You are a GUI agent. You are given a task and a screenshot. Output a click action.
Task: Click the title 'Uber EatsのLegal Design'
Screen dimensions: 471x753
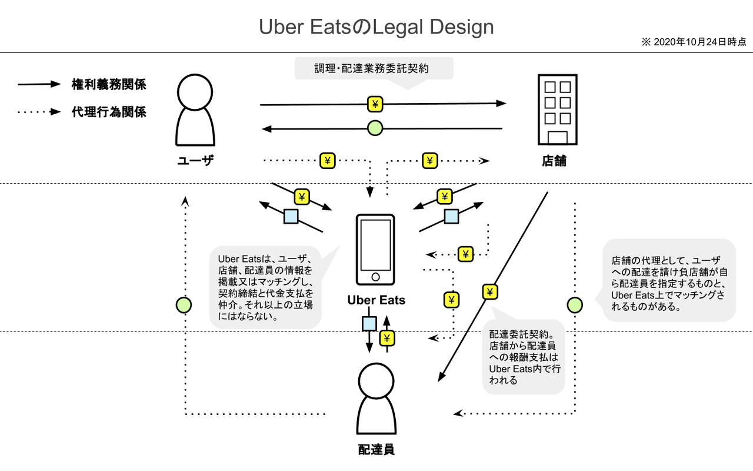pos(376,27)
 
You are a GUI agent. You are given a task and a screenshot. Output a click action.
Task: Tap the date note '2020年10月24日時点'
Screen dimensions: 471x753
pos(694,42)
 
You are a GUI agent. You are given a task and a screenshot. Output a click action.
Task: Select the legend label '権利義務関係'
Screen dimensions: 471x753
pos(109,84)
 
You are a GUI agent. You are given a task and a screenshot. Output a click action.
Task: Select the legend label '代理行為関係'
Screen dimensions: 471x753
pos(109,112)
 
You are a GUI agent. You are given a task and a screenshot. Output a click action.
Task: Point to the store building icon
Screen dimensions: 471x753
pos(557,110)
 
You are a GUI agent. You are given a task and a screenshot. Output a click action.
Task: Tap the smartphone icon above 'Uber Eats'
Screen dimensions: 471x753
pos(375,250)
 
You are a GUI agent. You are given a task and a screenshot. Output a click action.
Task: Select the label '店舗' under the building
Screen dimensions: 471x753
pos(554,161)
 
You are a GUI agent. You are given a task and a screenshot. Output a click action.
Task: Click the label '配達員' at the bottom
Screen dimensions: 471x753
pos(376,450)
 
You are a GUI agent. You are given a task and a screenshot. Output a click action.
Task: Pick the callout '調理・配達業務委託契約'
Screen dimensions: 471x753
pos(374,68)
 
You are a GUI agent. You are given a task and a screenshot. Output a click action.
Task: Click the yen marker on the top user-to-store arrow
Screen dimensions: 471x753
pos(375,104)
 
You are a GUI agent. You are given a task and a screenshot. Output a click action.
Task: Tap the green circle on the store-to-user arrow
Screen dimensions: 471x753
pos(375,127)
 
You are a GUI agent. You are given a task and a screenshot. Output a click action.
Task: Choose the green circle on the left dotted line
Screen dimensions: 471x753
pos(184,305)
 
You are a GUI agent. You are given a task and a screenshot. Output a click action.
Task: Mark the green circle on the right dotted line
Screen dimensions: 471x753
pos(575,305)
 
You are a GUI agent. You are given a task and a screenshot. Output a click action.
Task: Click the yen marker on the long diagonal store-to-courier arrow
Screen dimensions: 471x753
pos(490,291)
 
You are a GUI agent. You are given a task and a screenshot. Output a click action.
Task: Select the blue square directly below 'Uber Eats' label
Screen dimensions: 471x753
pos(369,323)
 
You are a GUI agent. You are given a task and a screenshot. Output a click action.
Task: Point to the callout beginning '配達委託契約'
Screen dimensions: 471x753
pos(522,357)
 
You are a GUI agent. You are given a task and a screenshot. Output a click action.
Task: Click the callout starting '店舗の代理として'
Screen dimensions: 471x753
pos(669,280)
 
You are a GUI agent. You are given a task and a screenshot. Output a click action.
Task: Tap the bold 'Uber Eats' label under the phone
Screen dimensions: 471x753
pos(376,300)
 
